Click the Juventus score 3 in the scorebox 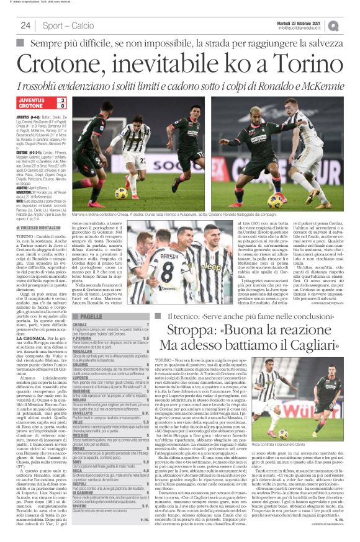pyautogui.click(x=61, y=100)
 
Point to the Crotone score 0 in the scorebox pyautogui.click(x=61, y=107)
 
